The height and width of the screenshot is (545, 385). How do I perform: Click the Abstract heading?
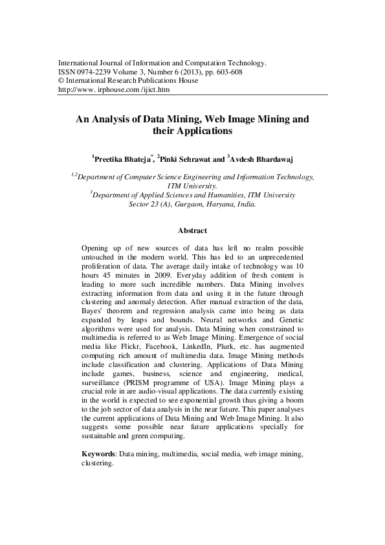(192, 230)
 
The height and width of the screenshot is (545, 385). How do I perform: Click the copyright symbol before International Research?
(61, 81)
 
